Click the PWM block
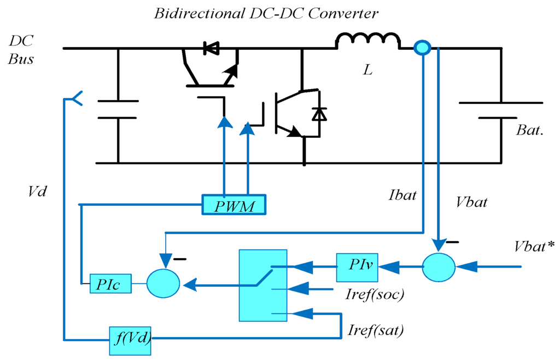point(234,205)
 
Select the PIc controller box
point(110,284)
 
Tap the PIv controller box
point(356,266)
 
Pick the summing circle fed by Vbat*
point(439,267)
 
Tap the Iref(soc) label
point(375,295)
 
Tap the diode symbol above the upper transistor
point(211,49)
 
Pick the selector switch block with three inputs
point(262,285)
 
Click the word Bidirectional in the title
point(188,13)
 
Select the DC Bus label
point(21,50)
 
